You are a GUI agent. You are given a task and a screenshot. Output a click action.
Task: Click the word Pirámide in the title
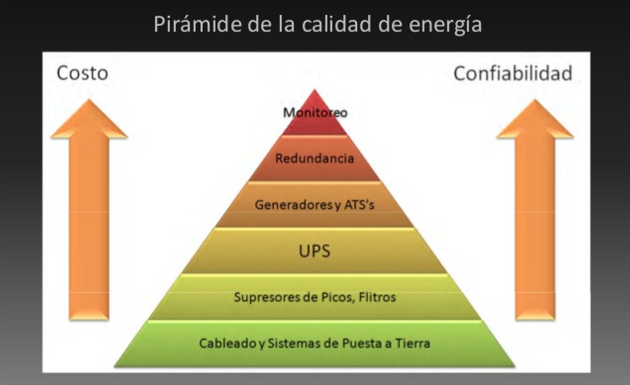click(x=198, y=24)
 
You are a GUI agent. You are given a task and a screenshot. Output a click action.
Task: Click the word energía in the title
click(x=445, y=25)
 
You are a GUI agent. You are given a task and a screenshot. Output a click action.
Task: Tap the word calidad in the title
click(x=337, y=24)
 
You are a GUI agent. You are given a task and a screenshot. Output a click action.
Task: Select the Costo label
click(x=82, y=73)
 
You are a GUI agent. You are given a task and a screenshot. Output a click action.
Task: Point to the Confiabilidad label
click(x=513, y=73)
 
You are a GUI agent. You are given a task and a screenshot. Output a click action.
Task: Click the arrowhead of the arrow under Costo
click(x=89, y=119)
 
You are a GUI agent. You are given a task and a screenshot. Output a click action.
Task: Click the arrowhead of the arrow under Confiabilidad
click(x=535, y=119)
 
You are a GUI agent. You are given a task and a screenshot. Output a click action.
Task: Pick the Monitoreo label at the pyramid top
click(x=315, y=113)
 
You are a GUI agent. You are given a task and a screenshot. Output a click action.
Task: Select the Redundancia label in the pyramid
click(x=315, y=158)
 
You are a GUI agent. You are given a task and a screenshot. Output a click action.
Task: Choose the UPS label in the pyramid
click(x=315, y=251)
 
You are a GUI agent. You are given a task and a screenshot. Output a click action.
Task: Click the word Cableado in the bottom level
click(x=227, y=343)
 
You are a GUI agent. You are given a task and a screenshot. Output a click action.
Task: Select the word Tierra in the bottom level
click(x=413, y=343)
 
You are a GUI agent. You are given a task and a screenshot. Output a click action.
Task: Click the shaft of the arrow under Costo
click(x=89, y=229)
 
